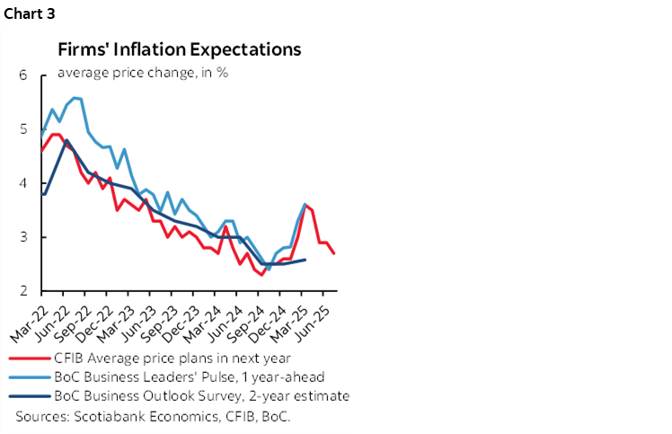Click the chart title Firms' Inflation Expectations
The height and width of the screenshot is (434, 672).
click(180, 49)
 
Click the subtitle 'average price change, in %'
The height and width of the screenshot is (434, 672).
click(142, 72)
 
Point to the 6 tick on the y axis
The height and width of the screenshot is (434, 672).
click(23, 75)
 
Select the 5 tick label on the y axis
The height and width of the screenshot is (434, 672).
click(23, 129)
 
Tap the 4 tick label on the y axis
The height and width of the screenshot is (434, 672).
click(23, 183)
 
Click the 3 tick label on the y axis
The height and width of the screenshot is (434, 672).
click(23, 237)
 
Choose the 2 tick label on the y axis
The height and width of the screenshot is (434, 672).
click(23, 291)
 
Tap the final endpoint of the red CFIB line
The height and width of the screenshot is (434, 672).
click(335, 253)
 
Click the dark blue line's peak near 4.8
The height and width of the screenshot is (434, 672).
click(66, 140)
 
